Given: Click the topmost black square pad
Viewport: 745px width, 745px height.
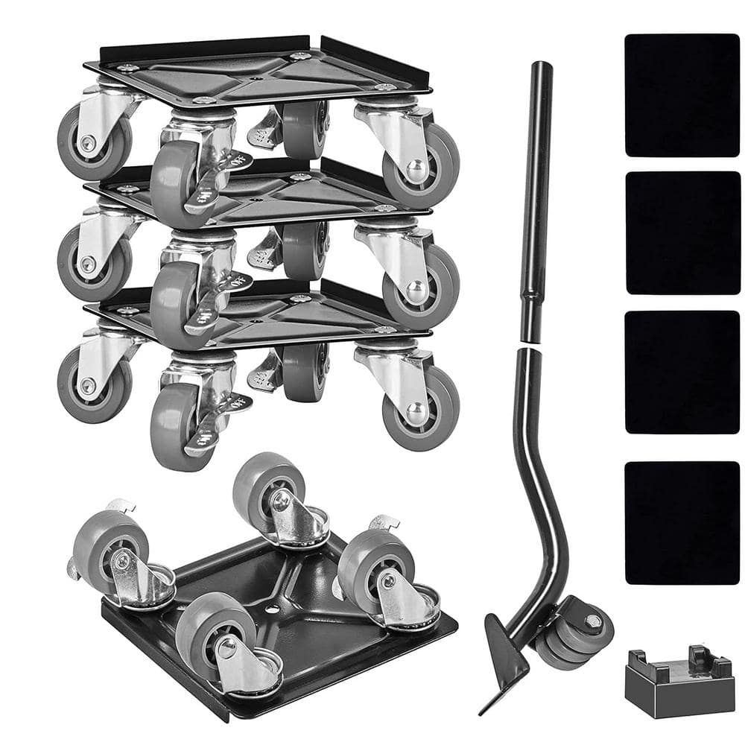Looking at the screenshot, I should click(682, 95).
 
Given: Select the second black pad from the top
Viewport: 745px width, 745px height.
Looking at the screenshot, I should click(682, 232).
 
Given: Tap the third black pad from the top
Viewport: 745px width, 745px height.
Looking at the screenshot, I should click(682, 372).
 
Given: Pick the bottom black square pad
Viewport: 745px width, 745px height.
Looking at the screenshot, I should click(682, 522).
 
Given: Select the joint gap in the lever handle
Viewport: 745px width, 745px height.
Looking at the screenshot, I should click(532, 344).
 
